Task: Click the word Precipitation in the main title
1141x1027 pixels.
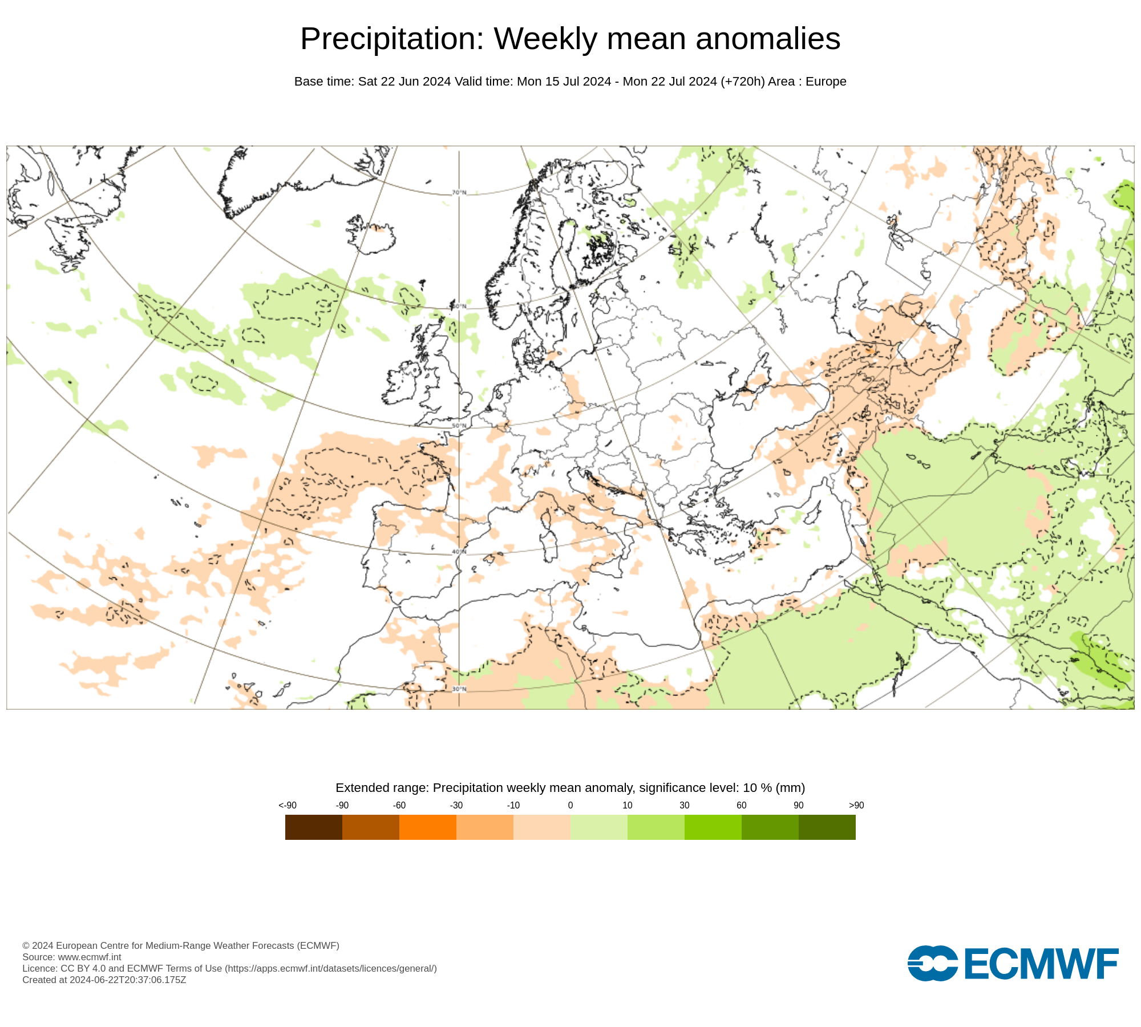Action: pyautogui.click(x=391, y=39)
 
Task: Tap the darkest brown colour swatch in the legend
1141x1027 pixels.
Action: pyautogui.click(x=313, y=827)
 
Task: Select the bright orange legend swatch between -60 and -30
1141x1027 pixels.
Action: pyautogui.click(x=427, y=827)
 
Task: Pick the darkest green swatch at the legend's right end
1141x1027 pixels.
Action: pyautogui.click(x=827, y=827)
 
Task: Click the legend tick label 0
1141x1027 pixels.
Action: pyautogui.click(x=570, y=805)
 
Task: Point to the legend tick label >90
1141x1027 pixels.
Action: pyautogui.click(x=856, y=805)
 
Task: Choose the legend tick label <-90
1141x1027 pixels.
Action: pyautogui.click(x=288, y=805)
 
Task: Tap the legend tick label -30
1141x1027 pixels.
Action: pyautogui.click(x=456, y=805)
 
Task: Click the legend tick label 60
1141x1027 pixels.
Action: pyautogui.click(x=741, y=805)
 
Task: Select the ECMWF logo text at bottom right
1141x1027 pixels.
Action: pyautogui.click(x=1041, y=964)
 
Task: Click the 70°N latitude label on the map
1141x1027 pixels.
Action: pyautogui.click(x=459, y=192)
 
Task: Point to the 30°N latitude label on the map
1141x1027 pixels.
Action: pyautogui.click(x=459, y=689)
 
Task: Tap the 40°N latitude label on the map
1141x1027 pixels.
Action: pyautogui.click(x=459, y=552)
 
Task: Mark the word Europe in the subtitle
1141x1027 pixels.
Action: pyautogui.click(x=826, y=82)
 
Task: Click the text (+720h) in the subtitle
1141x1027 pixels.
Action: pyautogui.click(x=742, y=82)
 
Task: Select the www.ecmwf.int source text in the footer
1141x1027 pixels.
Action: pyautogui.click(x=90, y=957)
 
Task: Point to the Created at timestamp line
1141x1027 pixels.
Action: pyautogui.click(x=104, y=980)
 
